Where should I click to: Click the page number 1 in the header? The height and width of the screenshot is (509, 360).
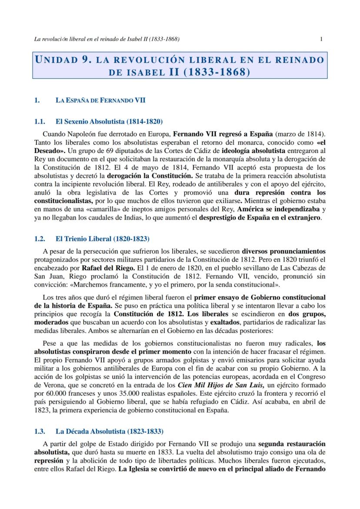(x=321, y=39)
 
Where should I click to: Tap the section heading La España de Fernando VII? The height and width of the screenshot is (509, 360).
(x=100, y=100)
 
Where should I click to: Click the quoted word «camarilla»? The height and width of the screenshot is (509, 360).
(x=84, y=209)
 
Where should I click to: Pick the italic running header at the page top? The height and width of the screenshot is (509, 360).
(x=107, y=39)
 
